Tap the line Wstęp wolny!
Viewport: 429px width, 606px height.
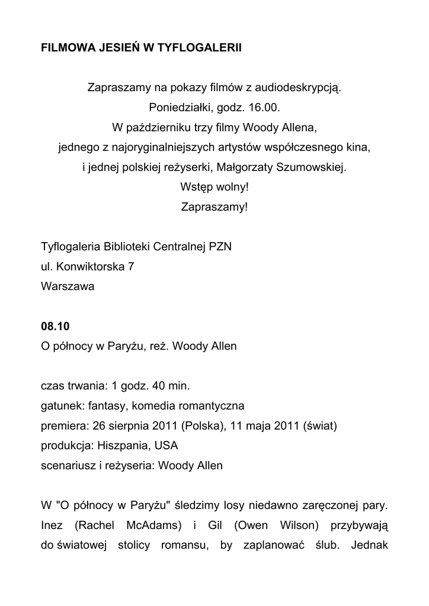pyautogui.click(x=214, y=186)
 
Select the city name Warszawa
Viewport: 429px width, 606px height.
pyautogui.click(x=68, y=286)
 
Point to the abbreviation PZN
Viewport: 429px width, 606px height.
pyautogui.click(x=219, y=247)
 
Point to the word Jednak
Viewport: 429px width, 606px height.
pyautogui.click(x=369, y=545)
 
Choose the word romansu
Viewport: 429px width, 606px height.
pyautogui.click(x=180, y=545)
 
